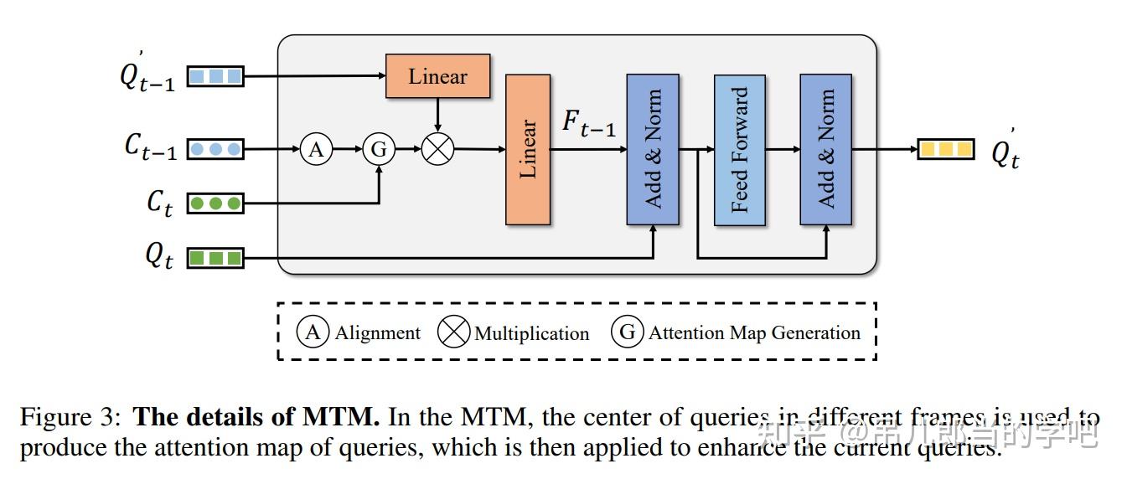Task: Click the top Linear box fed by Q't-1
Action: point(437,76)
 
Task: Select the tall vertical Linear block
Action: point(528,149)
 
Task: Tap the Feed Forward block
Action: point(739,150)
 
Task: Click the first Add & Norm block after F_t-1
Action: point(653,150)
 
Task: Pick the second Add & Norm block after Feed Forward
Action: point(825,150)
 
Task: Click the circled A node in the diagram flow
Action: point(316,150)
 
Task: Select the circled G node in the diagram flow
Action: point(379,150)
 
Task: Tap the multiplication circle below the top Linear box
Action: point(437,150)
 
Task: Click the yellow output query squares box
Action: point(946,150)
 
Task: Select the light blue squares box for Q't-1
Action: point(215,76)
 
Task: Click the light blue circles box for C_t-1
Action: point(215,150)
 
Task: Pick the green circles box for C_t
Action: point(215,203)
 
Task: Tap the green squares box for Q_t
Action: point(215,257)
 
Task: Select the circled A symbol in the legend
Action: point(313,332)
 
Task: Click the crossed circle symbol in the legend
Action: point(455,332)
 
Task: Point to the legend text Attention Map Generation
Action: point(754,332)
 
